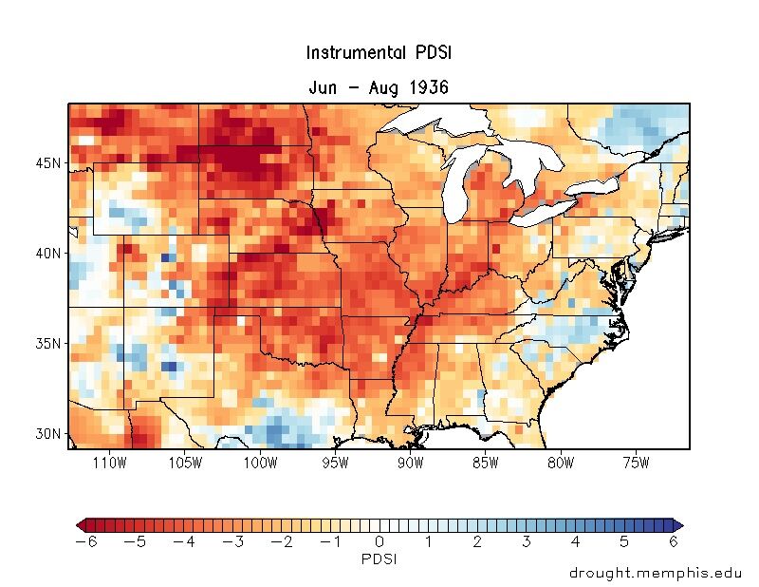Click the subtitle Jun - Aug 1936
tap(379, 87)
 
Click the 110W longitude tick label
tap(110, 463)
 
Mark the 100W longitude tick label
tap(260, 463)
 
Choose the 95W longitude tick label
tap(335, 463)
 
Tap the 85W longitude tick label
tap(485, 463)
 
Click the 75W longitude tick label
tap(635, 463)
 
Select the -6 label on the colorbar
tap(84, 541)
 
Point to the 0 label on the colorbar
tap(379, 541)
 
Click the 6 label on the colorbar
tap(674, 541)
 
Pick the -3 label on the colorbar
tap(231, 541)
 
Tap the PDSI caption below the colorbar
tap(379, 559)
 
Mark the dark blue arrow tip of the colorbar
tap(677, 524)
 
